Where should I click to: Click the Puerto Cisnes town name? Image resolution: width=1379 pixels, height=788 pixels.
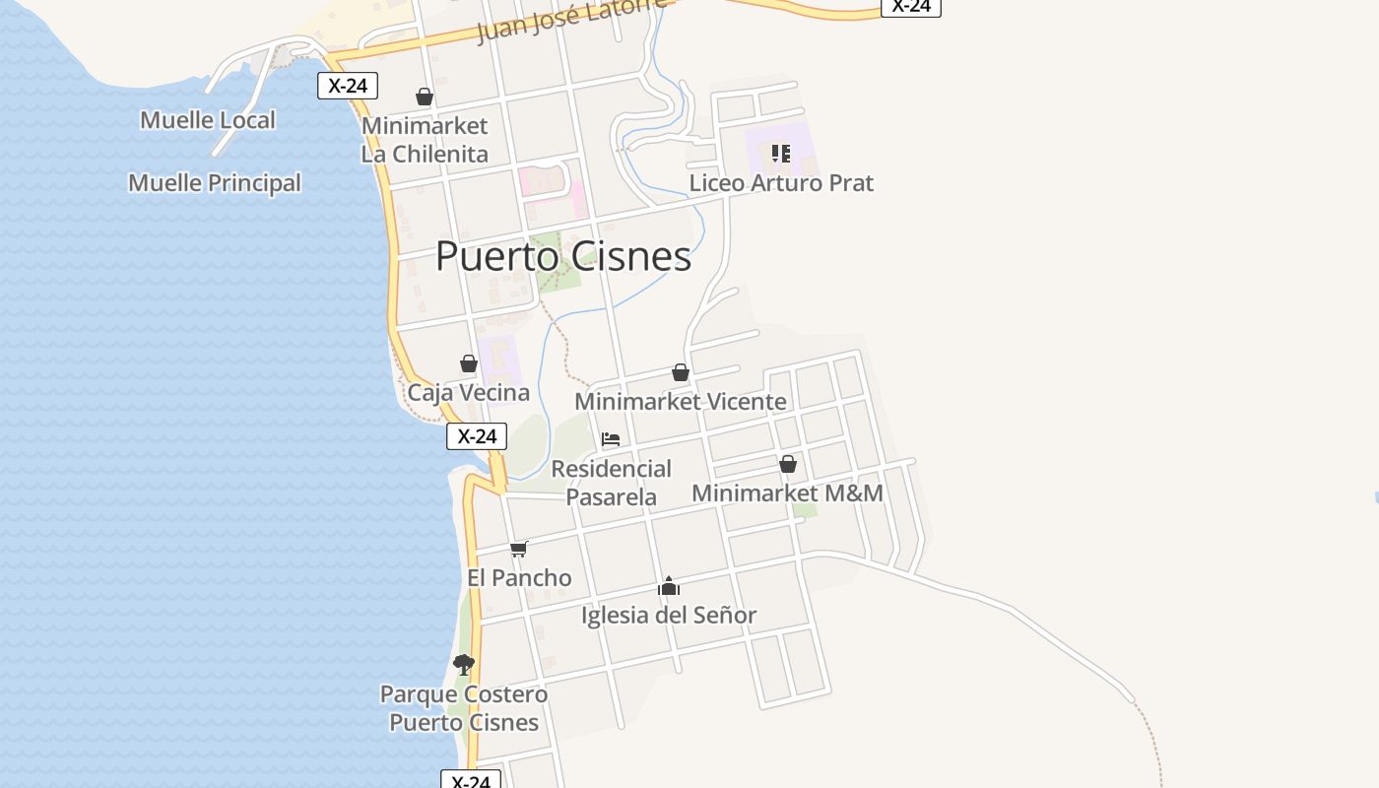563,256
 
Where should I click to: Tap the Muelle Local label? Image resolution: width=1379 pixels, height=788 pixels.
208,120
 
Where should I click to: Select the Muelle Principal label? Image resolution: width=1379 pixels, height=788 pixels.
215,183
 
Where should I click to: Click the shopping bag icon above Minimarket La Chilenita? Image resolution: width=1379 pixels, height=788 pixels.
425,97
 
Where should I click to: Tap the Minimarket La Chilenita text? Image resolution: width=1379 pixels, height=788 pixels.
425,140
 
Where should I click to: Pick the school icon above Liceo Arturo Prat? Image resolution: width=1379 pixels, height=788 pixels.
781,154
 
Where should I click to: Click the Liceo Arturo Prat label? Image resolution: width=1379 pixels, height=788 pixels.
781,183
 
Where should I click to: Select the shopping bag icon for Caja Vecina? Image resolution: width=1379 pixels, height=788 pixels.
469,364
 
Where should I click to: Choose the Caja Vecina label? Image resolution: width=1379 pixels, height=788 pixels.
469,393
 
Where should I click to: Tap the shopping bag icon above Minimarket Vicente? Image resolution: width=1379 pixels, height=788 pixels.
681,372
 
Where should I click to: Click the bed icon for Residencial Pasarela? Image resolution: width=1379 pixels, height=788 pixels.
611,439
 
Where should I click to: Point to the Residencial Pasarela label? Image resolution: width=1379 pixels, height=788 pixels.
611,483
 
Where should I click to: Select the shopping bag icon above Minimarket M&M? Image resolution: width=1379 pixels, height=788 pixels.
788,464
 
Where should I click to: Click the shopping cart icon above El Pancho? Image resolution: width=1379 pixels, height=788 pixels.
519,549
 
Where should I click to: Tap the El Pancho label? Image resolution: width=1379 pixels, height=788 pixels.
519,578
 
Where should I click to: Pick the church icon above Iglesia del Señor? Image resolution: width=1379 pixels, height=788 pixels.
669,587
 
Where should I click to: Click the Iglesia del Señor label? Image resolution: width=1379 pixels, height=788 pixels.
669,616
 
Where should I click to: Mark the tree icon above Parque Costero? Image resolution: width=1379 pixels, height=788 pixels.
464,665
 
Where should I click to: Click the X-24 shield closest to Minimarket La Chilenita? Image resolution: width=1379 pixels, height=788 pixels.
348,86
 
